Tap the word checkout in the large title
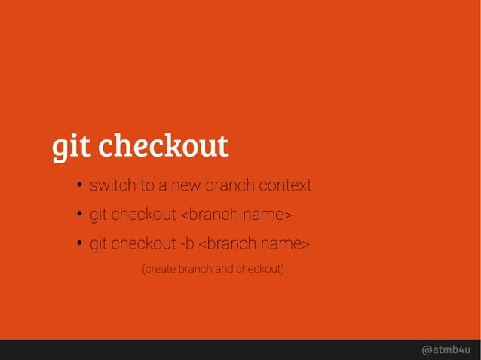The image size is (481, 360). tap(164, 145)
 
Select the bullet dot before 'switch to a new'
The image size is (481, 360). tap(78, 186)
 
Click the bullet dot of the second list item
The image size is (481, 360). tap(78, 215)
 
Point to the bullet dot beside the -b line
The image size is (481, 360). tap(78, 245)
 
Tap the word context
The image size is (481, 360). tap(285, 185)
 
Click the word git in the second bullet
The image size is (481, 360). tap(99, 215)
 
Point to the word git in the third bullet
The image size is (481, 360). tap(99, 245)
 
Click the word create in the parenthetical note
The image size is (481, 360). tap(162, 268)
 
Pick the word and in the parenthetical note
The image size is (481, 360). tap(225, 268)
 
